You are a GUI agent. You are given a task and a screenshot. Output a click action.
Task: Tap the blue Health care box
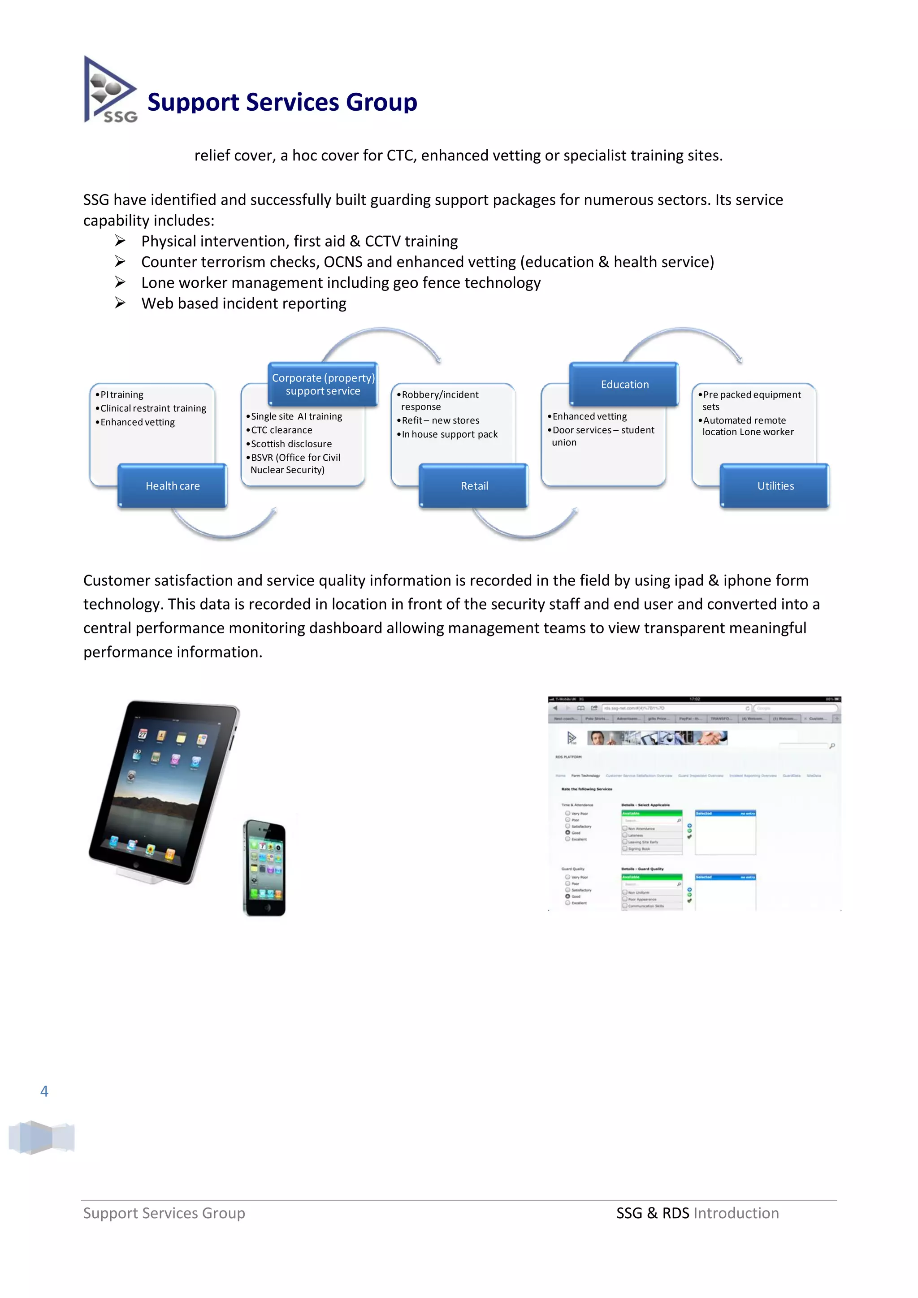[x=173, y=485]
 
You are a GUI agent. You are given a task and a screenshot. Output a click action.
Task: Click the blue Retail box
[x=474, y=485]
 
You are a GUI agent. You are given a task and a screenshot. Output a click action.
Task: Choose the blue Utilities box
[x=775, y=485]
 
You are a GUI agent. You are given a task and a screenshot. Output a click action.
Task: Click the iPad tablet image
[x=164, y=792]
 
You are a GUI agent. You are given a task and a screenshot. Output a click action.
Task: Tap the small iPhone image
[x=264, y=868]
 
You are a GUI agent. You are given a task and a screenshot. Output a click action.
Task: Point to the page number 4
[x=44, y=1091]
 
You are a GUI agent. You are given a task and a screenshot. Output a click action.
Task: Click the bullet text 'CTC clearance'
[x=281, y=430]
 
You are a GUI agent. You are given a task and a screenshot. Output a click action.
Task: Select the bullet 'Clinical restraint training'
[x=153, y=408]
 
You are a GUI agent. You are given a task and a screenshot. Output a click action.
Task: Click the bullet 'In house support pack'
[x=450, y=434]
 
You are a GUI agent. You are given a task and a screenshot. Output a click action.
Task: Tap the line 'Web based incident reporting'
[x=244, y=303]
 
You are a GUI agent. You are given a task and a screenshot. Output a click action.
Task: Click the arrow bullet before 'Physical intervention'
[x=120, y=241]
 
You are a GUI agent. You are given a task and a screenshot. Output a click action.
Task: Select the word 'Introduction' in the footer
[x=736, y=1213]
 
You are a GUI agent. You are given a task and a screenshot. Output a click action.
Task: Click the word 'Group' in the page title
[x=381, y=102]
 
